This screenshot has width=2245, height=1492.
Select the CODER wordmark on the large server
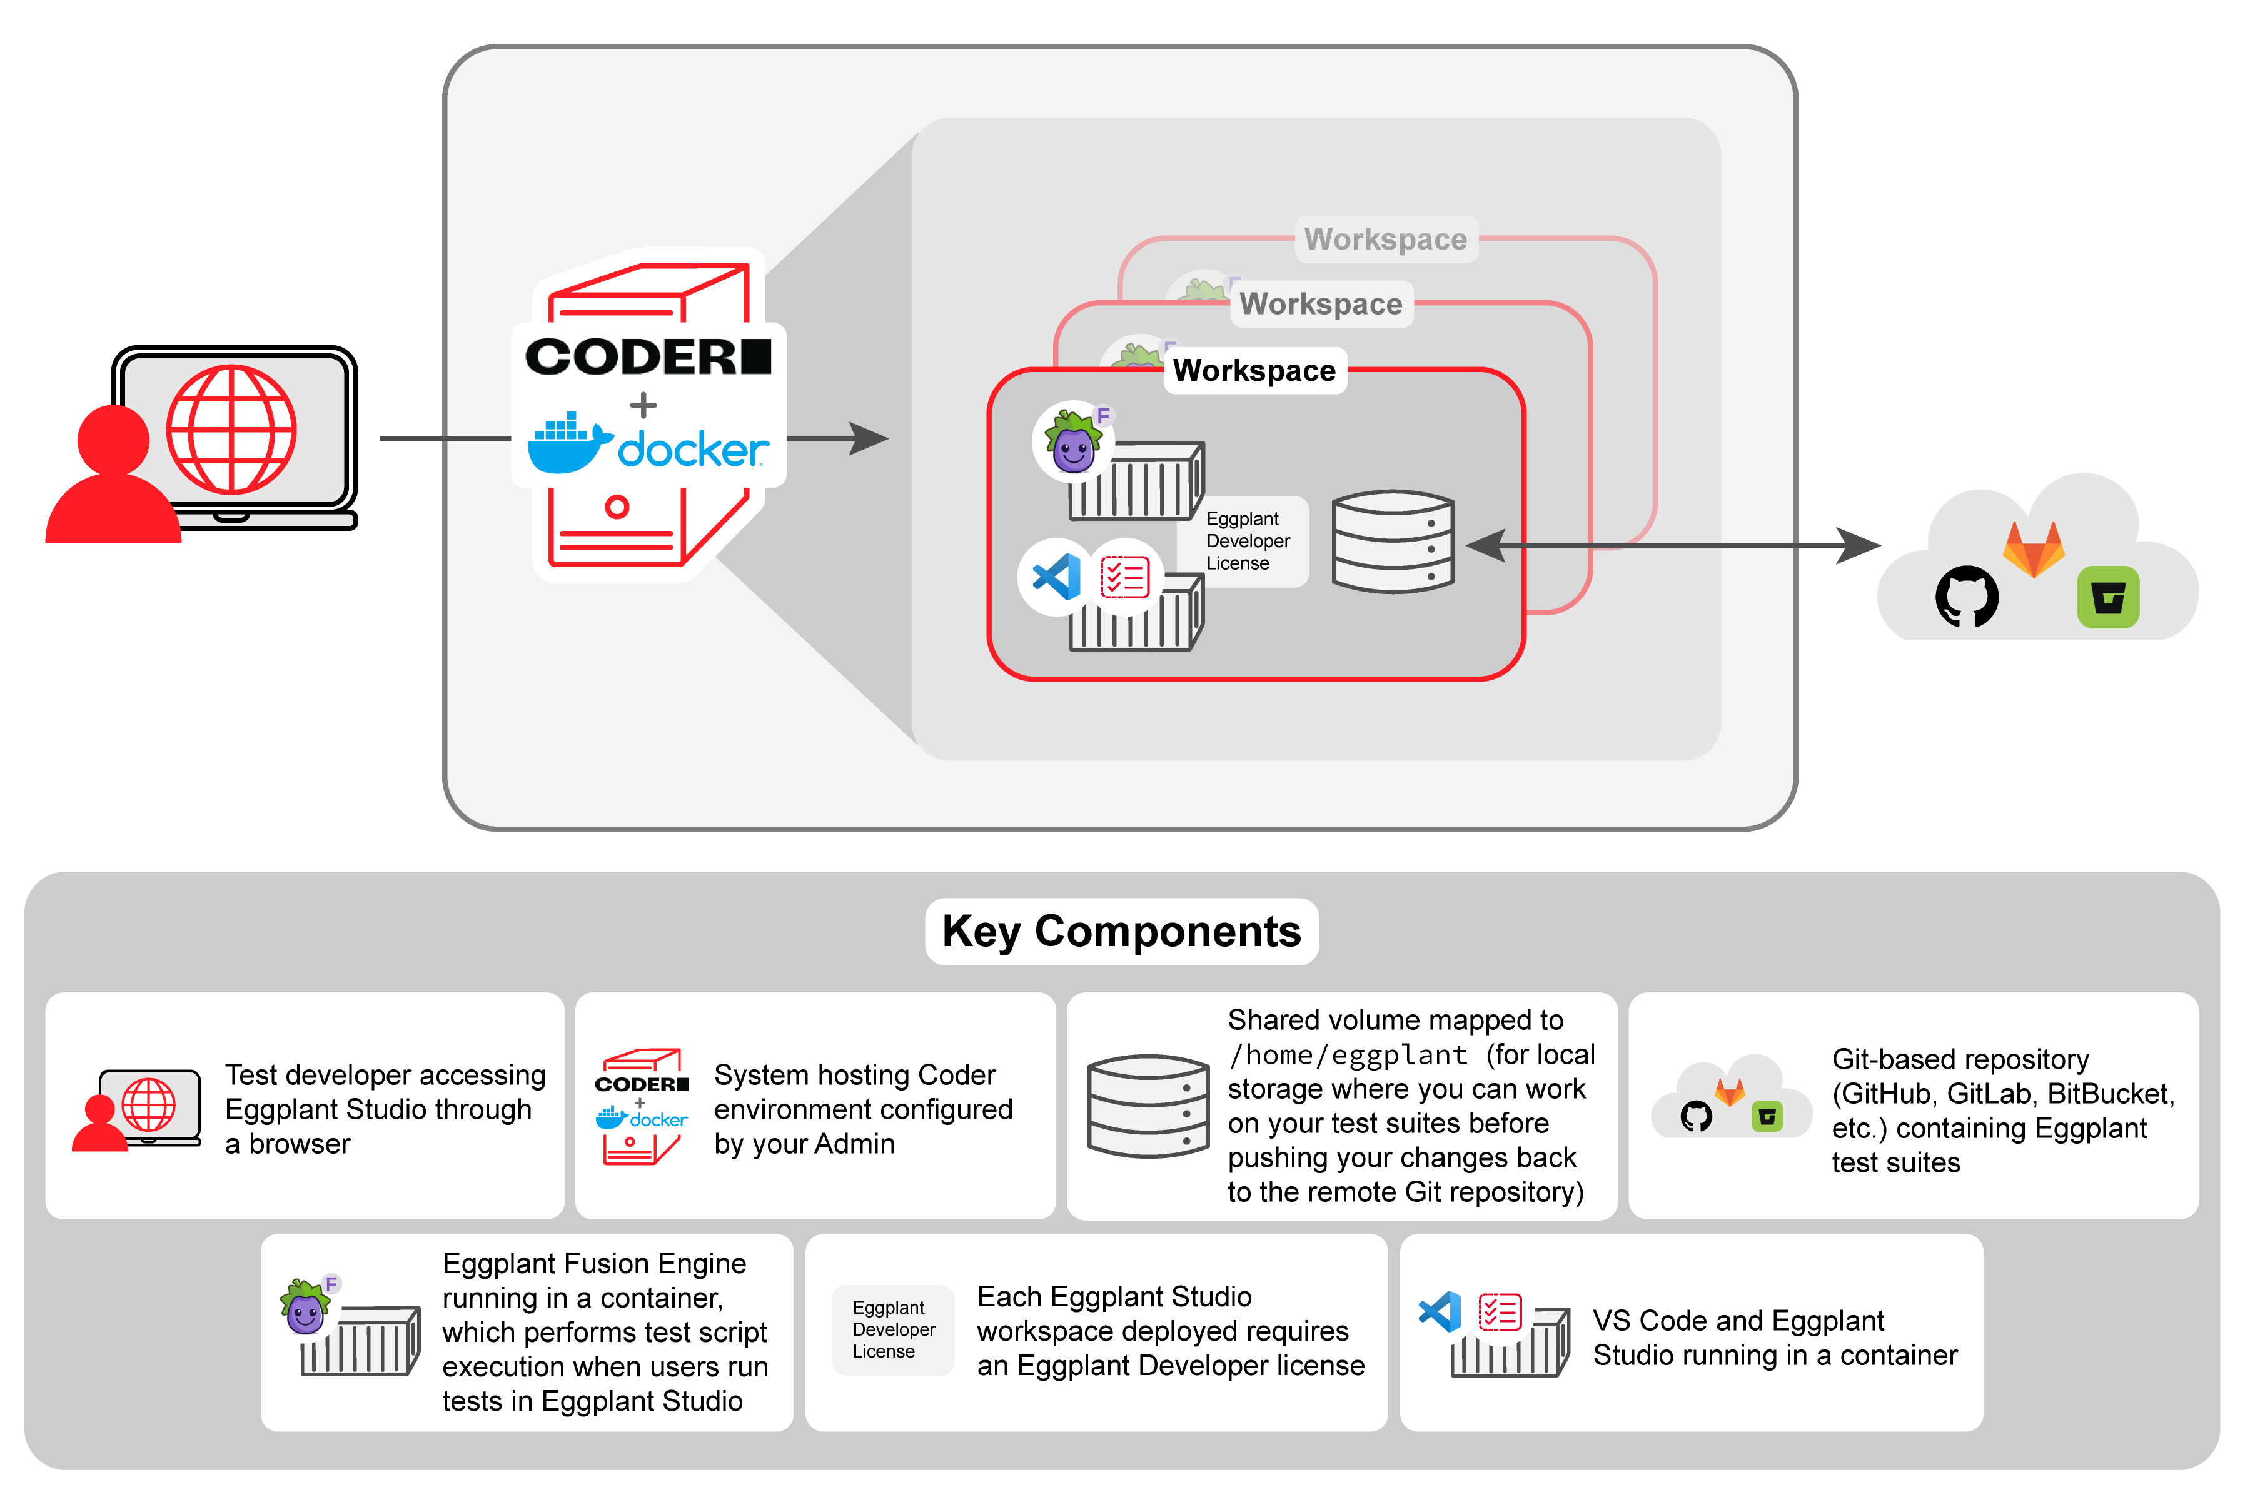pyautogui.click(x=647, y=357)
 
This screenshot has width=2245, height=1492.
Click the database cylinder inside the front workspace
pyautogui.click(x=1392, y=542)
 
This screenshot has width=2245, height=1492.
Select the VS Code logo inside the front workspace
pyautogui.click(x=1056, y=577)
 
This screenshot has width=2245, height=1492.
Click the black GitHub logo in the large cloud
pyautogui.click(x=1966, y=597)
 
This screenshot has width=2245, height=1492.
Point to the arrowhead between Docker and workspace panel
pyautogui.click(x=868, y=438)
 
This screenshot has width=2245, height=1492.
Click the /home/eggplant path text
pyautogui.click(x=1348, y=1054)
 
